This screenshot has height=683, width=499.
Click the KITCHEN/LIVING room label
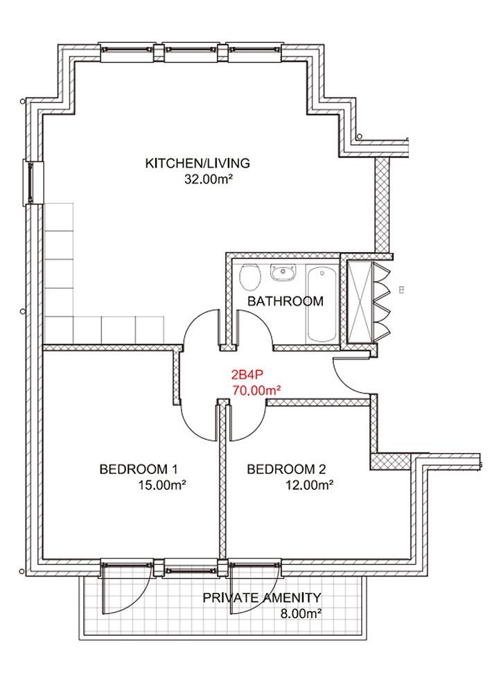(x=198, y=163)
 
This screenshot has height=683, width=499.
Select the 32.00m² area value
(x=207, y=179)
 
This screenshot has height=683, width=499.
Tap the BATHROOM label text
(x=286, y=301)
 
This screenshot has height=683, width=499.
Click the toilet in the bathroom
(x=250, y=277)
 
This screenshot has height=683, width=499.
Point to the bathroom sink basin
(x=283, y=273)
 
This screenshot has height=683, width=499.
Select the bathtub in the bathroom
(x=322, y=303)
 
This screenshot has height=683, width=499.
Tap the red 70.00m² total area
(x=256, y=390)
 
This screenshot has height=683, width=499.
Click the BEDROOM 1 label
(x=139, y=469)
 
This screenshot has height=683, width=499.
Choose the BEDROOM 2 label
(x=286, y=469)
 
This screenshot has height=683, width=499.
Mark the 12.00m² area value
(x=310, y=485)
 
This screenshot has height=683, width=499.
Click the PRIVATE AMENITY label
(x=262, y=598)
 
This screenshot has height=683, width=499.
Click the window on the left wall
(x=33, y=182)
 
